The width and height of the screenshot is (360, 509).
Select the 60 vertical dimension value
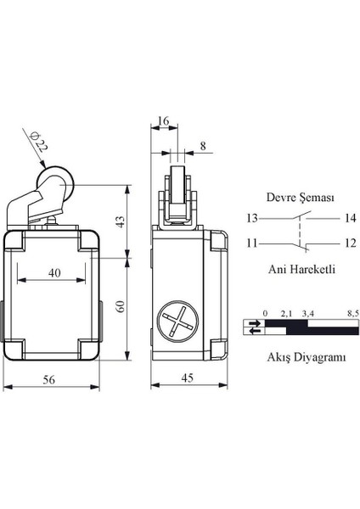pos(121,306)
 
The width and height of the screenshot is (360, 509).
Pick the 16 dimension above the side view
pos(164,121)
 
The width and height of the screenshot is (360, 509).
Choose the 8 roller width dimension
pos(200,146)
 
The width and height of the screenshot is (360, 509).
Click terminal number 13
pos(253,218)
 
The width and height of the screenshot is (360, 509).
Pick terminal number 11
pos(253,243)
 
